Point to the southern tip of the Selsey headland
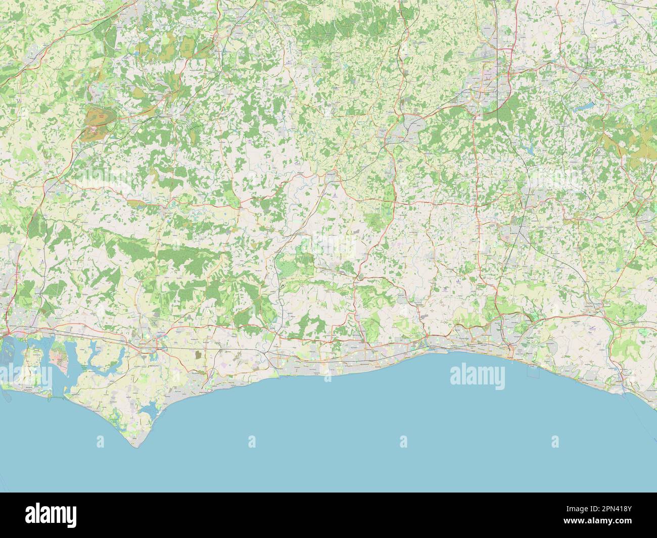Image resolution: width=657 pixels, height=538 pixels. pyautogui.click(x=133, y=447)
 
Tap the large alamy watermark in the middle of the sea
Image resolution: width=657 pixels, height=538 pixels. pyautogui.click(x=477, y=376)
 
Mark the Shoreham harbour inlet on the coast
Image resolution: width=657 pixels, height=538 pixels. pyautogui.click(x=426, y=345)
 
